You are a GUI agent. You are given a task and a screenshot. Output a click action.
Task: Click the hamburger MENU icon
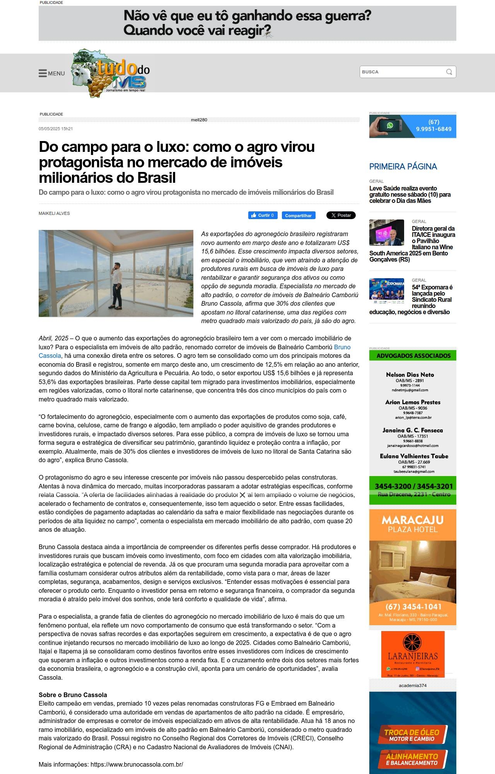pos(43,73)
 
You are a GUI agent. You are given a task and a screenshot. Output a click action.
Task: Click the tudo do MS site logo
pos(111,73)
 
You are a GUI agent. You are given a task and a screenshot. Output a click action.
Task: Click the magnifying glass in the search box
pos(449,72)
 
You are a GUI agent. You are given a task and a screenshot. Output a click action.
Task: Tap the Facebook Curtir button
pos(263,215)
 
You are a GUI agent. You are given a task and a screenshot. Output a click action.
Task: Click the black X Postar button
pos(341,215)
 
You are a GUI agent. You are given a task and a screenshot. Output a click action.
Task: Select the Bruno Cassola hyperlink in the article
pos(342,347)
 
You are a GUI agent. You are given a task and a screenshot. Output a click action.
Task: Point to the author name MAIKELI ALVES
pos(54,213)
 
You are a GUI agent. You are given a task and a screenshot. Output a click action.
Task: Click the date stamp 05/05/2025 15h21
pos(56,129)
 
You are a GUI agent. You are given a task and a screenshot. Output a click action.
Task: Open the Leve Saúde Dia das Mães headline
pos(410,194)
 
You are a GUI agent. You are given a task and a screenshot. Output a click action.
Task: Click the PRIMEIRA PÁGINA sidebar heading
pos(403,167)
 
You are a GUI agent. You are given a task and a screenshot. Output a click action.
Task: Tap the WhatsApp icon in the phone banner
pos(390,125)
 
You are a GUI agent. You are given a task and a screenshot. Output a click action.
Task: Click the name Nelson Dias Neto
pos(410,374)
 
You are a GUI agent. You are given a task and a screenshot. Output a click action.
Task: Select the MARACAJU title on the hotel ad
pos(413,520)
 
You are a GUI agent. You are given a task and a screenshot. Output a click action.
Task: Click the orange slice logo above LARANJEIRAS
pos(412,642)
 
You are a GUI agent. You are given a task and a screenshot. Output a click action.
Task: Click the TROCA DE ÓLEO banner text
pos(412,732)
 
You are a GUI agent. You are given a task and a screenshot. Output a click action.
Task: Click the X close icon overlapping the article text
pos(242,495)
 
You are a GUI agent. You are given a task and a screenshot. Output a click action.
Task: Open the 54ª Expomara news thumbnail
pos(386,289)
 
